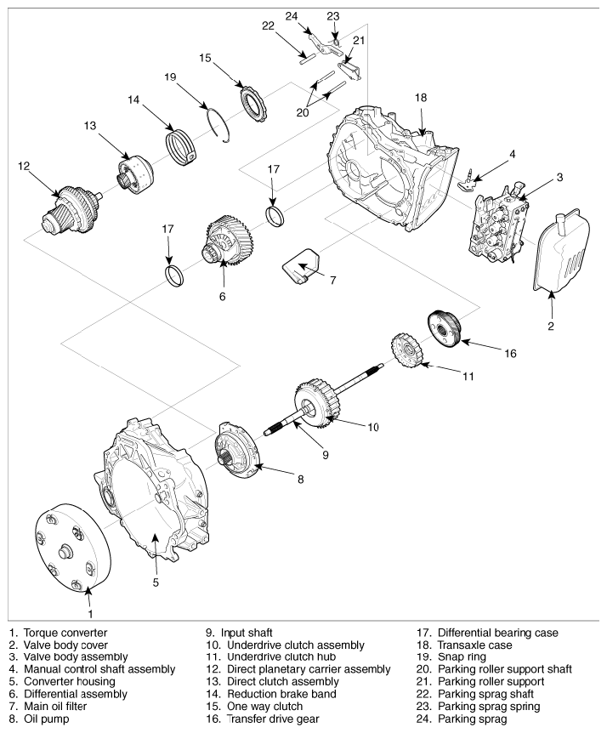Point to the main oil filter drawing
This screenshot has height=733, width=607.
coord(303,267)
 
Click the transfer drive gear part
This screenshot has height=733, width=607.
coord(444,329)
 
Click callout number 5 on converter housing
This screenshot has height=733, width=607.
coord(156,582)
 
